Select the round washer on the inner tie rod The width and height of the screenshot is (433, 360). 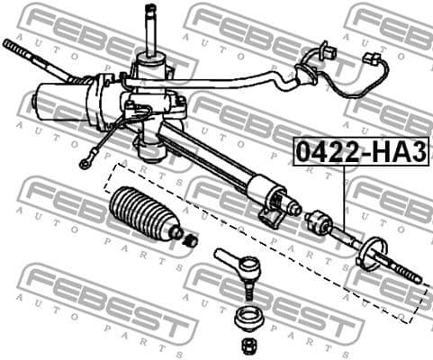point(371,251)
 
